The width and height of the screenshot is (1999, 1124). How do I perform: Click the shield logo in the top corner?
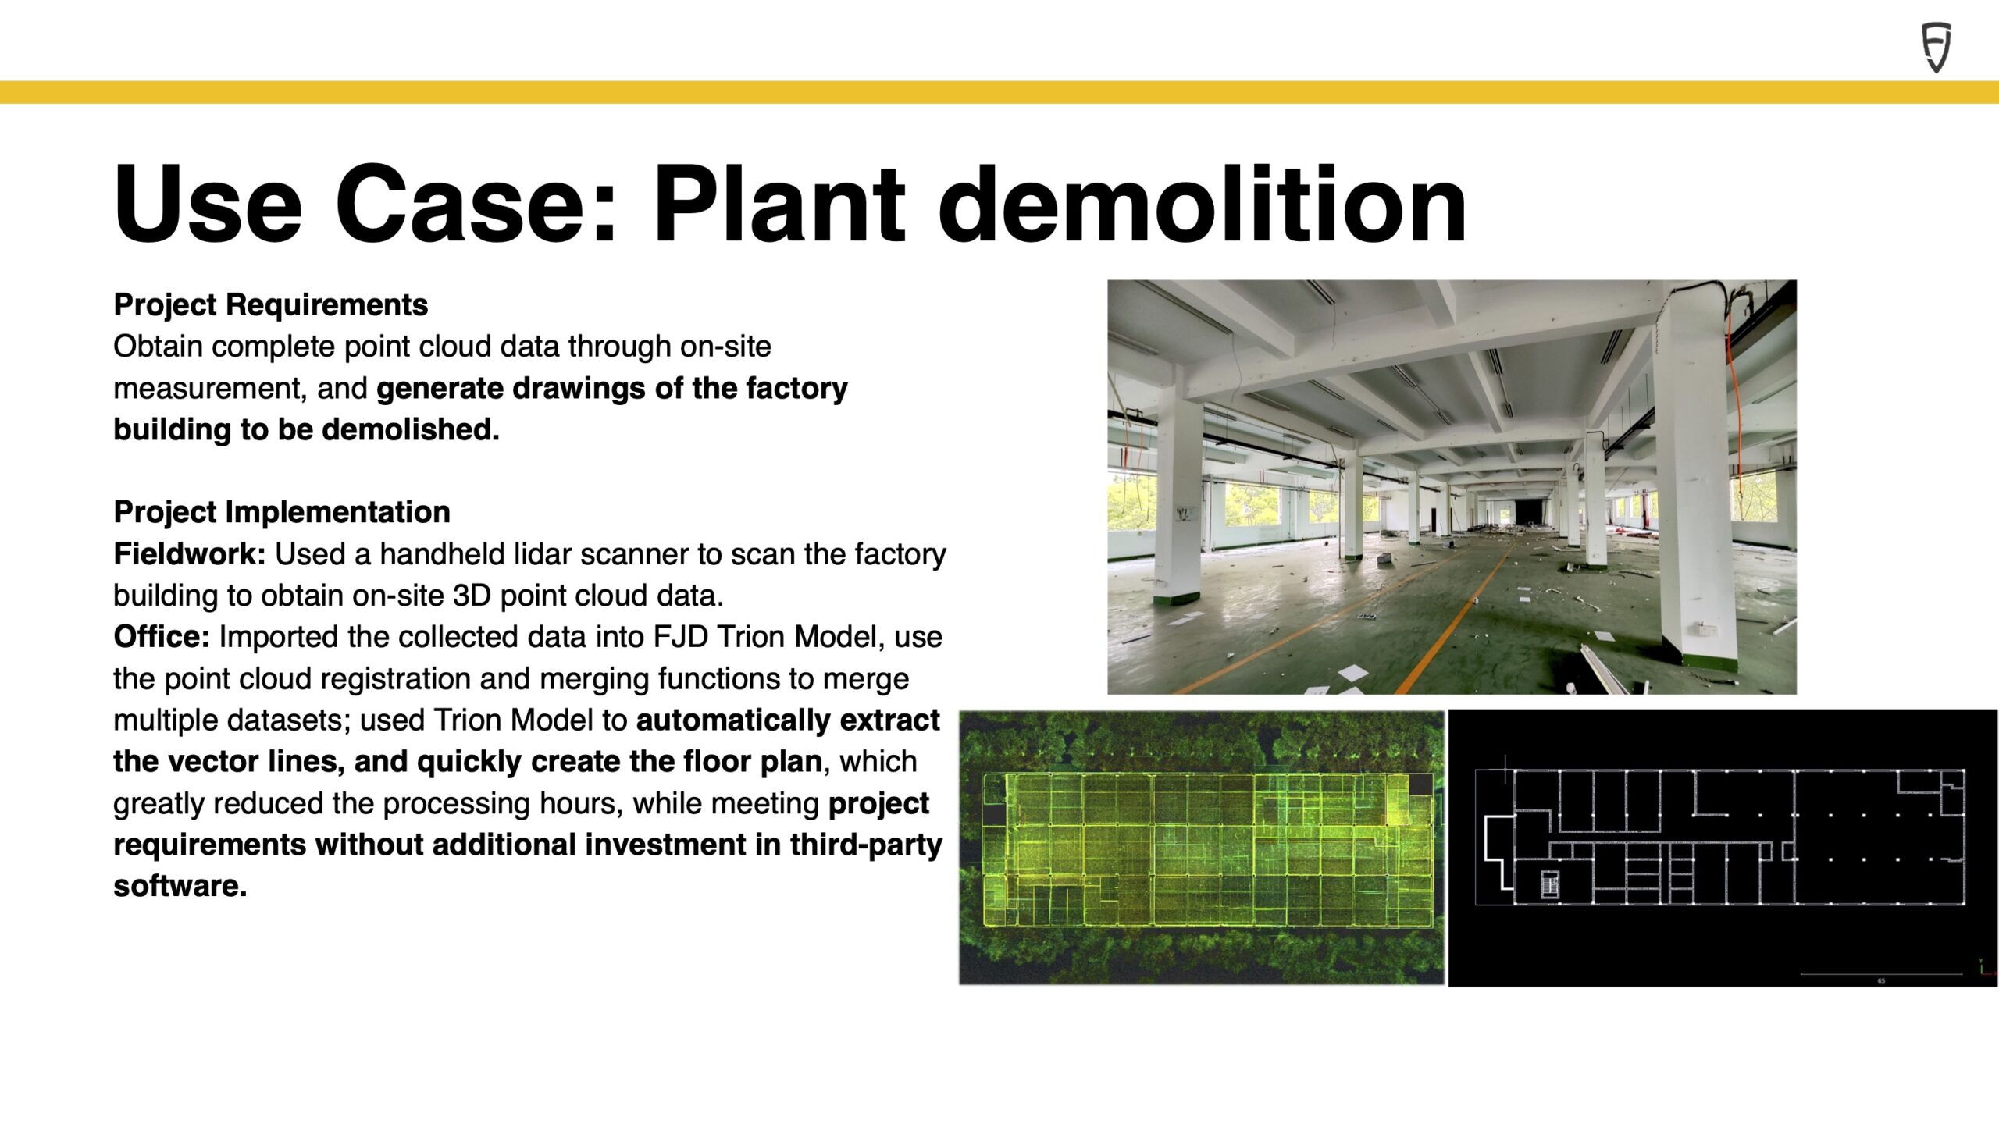pos(1936,48)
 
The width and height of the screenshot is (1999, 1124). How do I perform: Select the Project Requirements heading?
pos(270,304)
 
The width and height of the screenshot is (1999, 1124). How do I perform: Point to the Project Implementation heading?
pos(282,512)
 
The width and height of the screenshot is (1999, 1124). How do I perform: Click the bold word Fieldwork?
pos(190,553)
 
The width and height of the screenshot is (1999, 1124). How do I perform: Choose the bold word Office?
pos(162,636)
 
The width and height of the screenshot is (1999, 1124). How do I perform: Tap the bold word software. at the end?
pos(180,886)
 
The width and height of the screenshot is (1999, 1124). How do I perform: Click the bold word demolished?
pos(410,429)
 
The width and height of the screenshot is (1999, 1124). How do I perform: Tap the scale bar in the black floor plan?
pos(1881,973)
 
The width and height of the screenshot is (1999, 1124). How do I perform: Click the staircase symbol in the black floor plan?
pos(1550,885)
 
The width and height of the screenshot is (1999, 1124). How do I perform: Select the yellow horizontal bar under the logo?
pos(999,92)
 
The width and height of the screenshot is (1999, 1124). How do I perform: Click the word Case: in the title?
pos(476,205)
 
